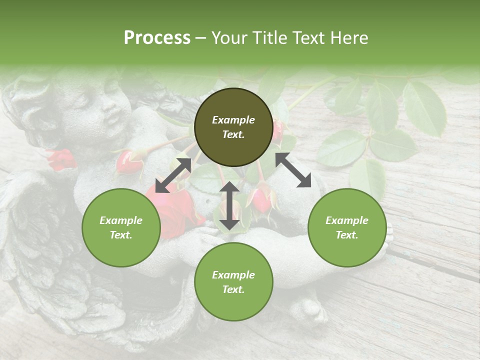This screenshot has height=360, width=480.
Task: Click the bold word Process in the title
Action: coord(157,37)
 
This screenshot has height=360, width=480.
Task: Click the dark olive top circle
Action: coord(233,127)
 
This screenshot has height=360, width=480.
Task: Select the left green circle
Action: coord(121,227)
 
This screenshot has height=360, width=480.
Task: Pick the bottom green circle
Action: coord(233,282)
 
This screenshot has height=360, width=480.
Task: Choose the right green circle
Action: coord(346,227)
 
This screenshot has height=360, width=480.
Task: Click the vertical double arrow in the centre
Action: coord(229,205)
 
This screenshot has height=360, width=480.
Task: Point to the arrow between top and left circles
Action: coord(173,175)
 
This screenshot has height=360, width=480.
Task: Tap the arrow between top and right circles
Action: coord(293,170)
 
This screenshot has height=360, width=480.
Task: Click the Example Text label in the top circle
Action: coord(233,127)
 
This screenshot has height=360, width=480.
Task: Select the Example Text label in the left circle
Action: coord(121,227)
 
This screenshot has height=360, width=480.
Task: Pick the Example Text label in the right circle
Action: coord(346,227)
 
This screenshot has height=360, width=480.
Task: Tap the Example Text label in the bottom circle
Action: coord(233,282)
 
